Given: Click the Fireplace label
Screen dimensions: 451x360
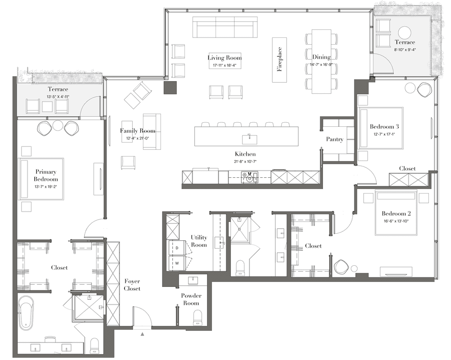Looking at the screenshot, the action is pos(280,59).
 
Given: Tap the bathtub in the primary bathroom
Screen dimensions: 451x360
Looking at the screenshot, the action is pos(27,313).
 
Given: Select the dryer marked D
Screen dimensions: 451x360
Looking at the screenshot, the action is pos(176,248).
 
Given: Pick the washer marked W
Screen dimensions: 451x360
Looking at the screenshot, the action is pos(176,263).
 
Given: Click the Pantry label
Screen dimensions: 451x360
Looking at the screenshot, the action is pos(335,139).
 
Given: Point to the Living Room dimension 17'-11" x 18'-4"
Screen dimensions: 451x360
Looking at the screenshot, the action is pos(224,65).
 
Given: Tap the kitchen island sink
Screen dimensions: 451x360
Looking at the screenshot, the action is pos(249,139).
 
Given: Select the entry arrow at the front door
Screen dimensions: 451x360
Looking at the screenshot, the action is pos(142,334).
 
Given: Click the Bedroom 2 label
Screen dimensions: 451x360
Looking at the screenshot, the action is pos(396,213).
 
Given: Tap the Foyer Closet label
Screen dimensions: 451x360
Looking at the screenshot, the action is pos(132,285).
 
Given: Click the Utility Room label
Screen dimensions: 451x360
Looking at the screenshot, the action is pos(199,241).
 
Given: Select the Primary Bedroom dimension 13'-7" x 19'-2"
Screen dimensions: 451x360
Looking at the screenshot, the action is pos(46,186).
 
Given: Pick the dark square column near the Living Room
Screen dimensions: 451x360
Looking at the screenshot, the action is pos(170,88).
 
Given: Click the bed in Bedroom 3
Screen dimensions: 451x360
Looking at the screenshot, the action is pos(380,128).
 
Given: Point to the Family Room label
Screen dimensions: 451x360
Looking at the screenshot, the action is pos(138,131).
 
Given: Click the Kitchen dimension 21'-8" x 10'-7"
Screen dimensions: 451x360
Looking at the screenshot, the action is pos(245,162).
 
